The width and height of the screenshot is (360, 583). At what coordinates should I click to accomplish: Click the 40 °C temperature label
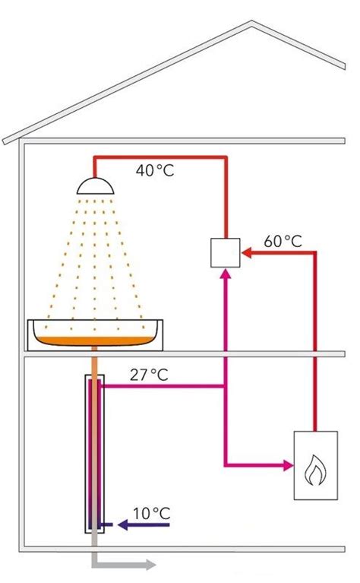tap(155, 170)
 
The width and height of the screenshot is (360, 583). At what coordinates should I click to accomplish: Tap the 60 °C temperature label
tap(283, 241)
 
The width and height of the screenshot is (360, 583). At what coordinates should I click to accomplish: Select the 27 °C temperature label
tap(149, 375)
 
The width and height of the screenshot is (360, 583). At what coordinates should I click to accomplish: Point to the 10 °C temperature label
tap(152, 514)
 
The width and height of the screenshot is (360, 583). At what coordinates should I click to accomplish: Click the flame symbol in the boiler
tap(315, 470)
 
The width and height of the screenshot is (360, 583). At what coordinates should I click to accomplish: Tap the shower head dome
tap(95, 186)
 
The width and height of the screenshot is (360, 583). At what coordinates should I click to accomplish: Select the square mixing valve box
tap(225, 253)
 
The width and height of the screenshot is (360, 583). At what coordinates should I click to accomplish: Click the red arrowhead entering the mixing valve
tap(247, 253)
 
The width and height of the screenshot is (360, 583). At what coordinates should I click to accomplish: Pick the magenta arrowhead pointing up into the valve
tap(226, 274)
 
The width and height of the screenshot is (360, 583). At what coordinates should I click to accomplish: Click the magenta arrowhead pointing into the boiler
tap(289, 465)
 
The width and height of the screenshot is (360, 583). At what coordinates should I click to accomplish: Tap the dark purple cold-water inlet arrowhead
tap(123, 525)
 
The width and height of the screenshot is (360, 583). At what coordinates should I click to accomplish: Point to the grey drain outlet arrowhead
tap(151, 565)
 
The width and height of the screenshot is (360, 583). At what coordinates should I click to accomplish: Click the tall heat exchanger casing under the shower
tap(95, 454)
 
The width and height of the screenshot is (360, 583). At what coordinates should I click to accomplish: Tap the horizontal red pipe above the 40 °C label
tap(160, 157)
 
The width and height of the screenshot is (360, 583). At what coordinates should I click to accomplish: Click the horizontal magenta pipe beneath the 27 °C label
tap(163, 386)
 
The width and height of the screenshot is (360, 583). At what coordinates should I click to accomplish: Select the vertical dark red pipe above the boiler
tap(314, 341)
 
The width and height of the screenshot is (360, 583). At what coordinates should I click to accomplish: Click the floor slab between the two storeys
tap(185, 354)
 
